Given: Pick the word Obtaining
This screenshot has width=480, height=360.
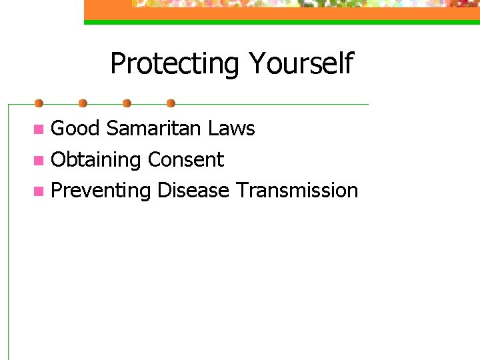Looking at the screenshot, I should point(96,160).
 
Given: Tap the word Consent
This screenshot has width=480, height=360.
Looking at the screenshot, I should point(186,160).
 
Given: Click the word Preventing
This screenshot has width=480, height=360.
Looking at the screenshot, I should point(101,191).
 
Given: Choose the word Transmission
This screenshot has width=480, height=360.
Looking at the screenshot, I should point(297,191).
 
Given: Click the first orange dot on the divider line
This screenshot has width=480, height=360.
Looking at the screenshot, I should point(39,103).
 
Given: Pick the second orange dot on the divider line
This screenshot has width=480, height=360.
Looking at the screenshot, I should point(83,103).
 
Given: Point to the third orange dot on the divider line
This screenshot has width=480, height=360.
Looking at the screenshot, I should point(127,103).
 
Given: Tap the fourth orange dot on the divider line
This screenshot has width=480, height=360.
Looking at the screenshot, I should point(171,103).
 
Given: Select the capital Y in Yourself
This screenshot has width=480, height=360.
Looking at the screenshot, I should point(257,64).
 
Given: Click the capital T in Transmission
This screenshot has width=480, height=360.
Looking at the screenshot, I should point(241,191).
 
